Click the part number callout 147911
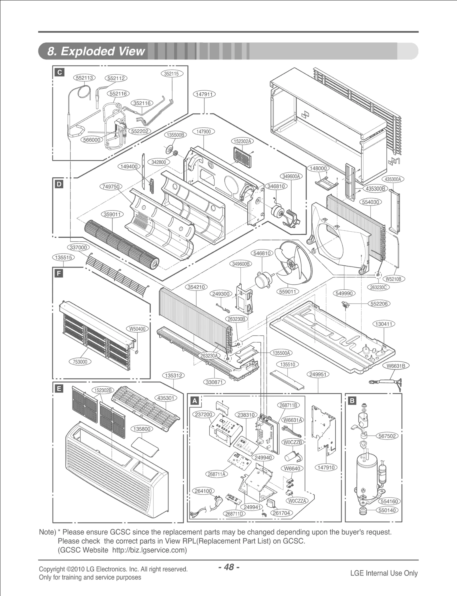(x=204, y=94)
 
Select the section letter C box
(x=59, y=73)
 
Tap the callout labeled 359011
(x=112, y=214)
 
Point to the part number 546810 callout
(x=262, y=253)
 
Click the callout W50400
(x=137, y=329)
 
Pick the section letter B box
(x=352, y=401)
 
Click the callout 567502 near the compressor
(x=387, y=436)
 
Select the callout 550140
(x=387, y=510)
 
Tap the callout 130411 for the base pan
(x=384, y=324)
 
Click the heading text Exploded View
(x=97, y=51)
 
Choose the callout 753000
(x=80, y=362)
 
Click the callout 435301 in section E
(x=166, y=398)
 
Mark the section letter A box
(x=195, y=401)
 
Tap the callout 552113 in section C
(x=85, y=78)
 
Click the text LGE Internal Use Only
(x=384, y=573)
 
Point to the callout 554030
(x=370, y=202)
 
